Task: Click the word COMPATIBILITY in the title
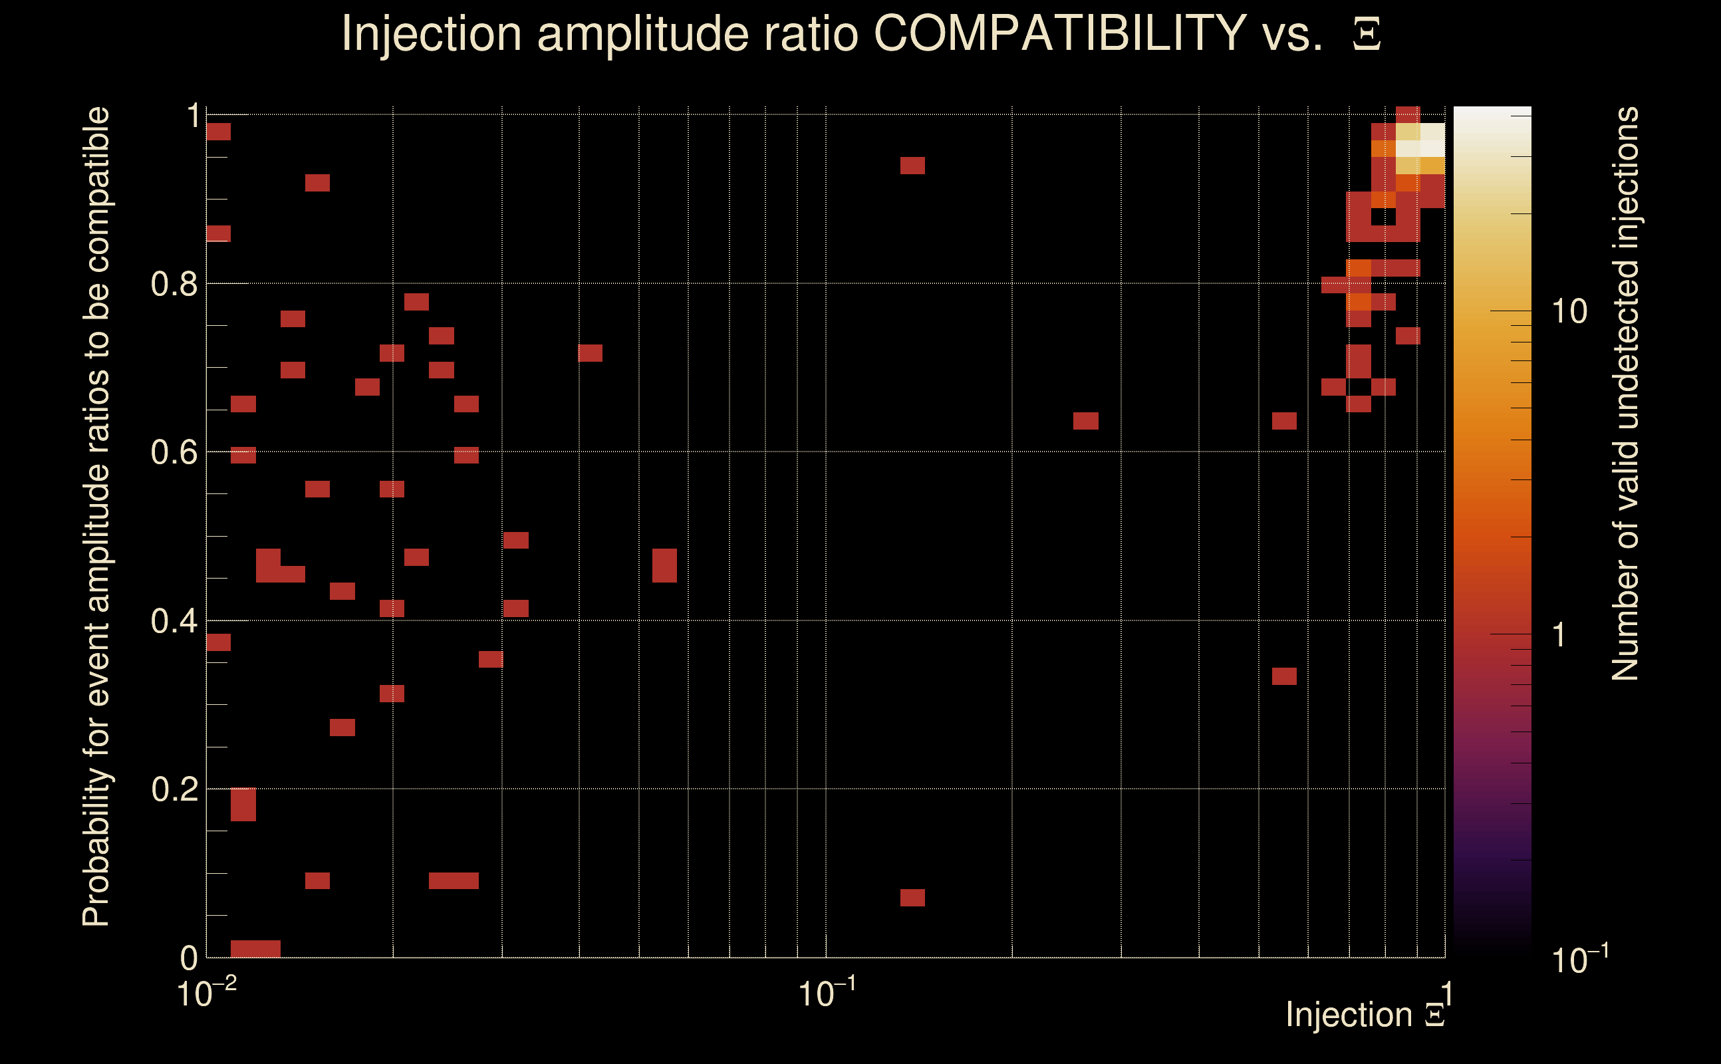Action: [1059, 33]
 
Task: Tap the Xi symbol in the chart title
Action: [1367, 35]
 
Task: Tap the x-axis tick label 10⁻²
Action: [205, 992]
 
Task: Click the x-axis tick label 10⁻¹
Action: [826, 992]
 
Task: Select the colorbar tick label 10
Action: [1569, 312]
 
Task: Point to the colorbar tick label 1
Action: [1559, 634]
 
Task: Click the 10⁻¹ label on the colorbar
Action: [1579, 958]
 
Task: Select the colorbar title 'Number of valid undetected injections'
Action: [1625, 394]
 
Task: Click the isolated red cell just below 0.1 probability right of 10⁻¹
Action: [912, 897]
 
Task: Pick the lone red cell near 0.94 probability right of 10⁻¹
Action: [912, 166]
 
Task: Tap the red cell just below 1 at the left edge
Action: [218, 132]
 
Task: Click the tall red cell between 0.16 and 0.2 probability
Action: [243, 805]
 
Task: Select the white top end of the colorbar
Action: [1492, 112]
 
